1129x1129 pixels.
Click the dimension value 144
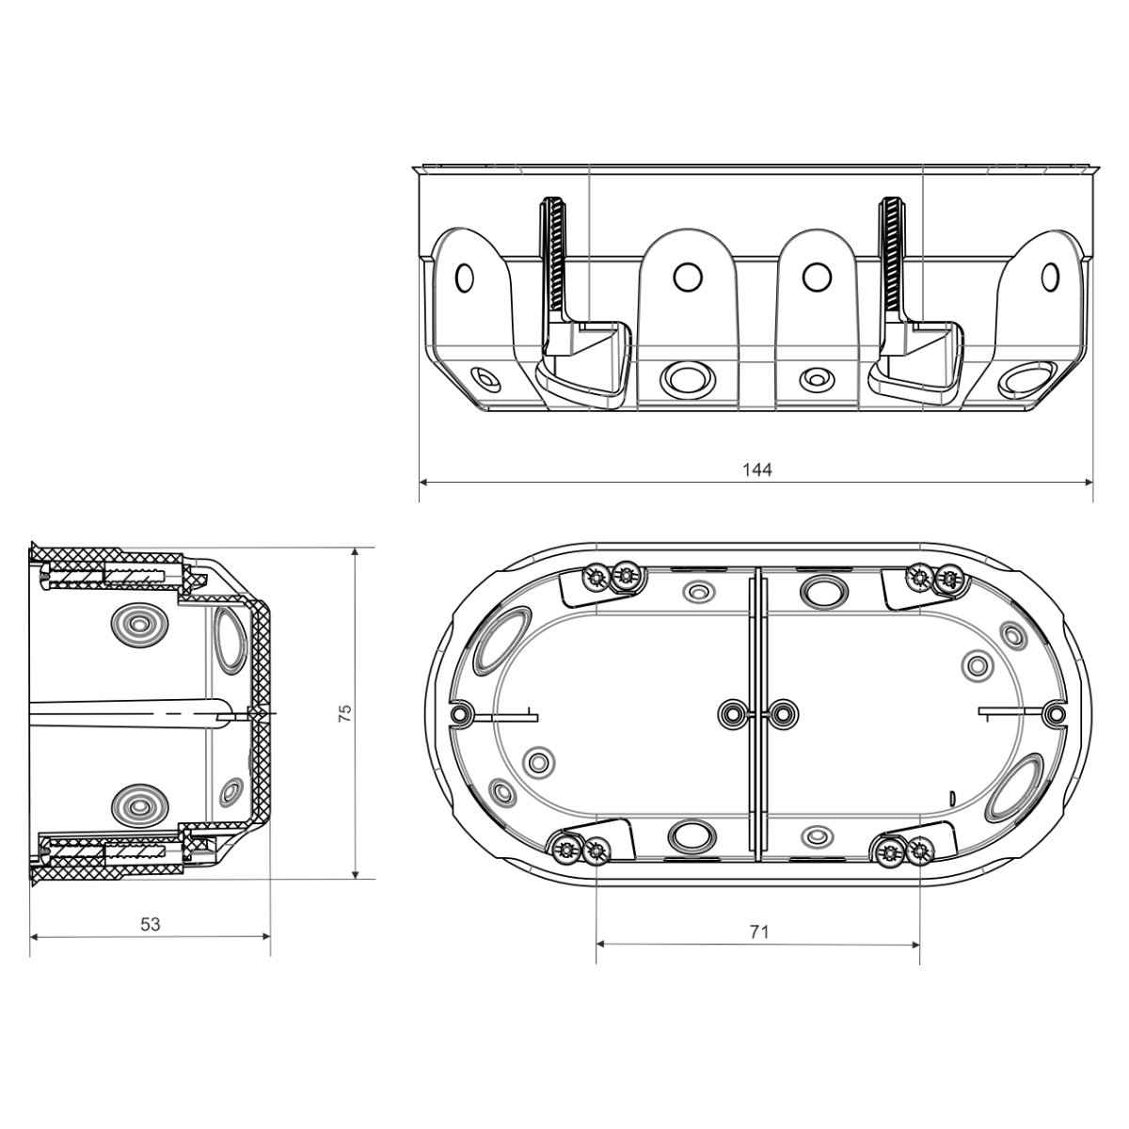pyautogui.click(x=757, y=469)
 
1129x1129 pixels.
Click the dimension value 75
pyautogui.click(x=345, y=712)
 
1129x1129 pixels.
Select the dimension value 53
pyautogui.click(x=150, y=924)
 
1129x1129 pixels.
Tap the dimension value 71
pyautogui.click(x=758, y=931)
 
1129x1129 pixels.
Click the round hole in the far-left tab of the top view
pyautogui.click(x=464, y=278)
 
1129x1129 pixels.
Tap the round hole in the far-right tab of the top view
pyautogui.click(x=1050, y=277)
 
